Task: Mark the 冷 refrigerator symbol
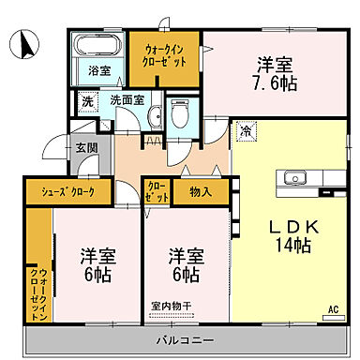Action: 246,132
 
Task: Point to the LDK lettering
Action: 284,226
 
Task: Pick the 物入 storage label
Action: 200,191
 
